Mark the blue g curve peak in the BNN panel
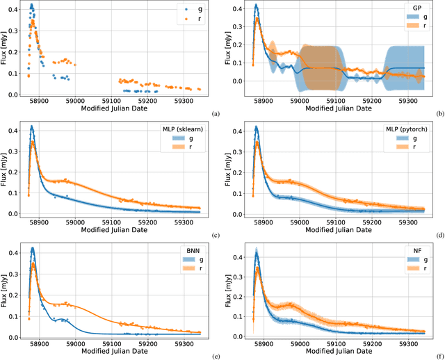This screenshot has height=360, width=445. (31, 247)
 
